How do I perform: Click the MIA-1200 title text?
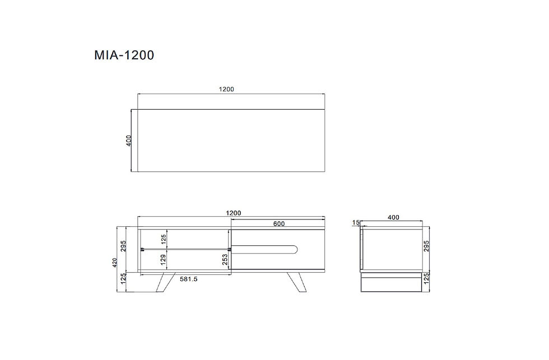click(124, 55)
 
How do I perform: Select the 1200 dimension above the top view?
click(226, 89)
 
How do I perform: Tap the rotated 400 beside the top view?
click(129, 141)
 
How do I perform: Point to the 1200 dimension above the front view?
click(234, 213)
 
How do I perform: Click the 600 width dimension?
click(279, 224)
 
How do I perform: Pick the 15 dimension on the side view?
click(356, 222)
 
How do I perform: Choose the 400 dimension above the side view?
click(393, 217)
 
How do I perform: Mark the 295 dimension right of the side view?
click(426, 246)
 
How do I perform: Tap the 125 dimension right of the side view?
click(426, 279)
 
